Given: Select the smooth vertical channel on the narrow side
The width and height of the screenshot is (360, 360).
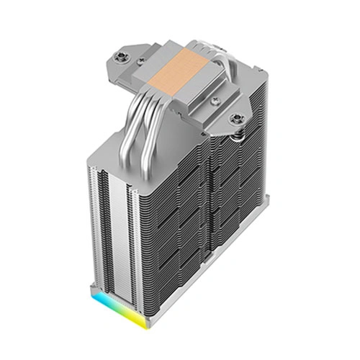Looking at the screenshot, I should (115, 216).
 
